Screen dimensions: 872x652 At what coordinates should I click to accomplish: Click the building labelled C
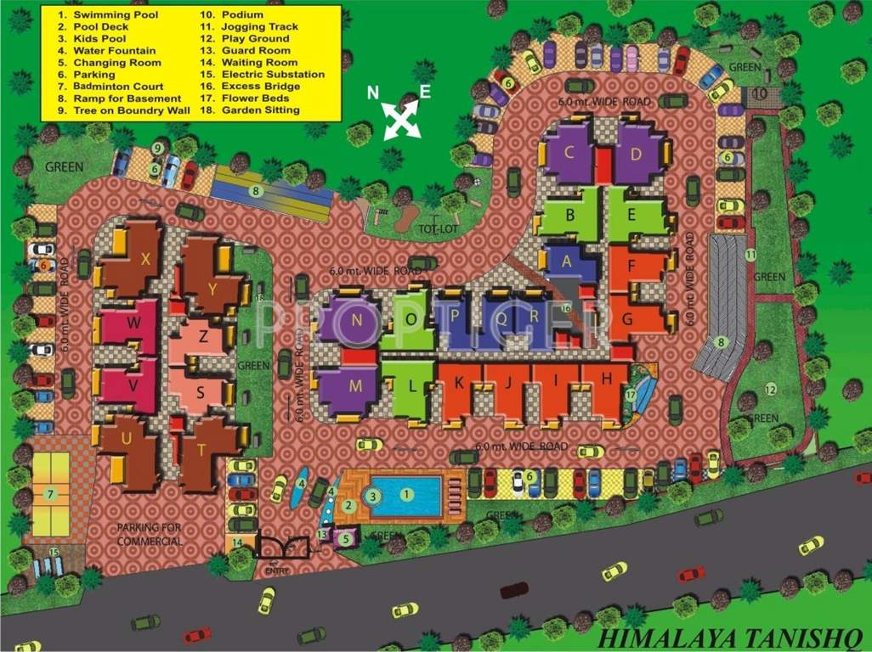pyautogui.click(x=570, y=153)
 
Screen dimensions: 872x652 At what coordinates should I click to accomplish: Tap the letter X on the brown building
pyautogui.click(x=145, y=260)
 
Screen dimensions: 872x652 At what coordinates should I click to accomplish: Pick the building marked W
pyautogui.click(x=134, y=323)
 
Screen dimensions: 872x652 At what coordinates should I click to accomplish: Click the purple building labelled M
pyautogui.click(x=355, y=386)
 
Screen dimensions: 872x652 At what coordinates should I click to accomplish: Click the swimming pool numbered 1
pyautogui.click(x=407, y=493)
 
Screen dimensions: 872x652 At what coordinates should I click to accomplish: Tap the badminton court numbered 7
pyautogui.click(x=51, y=493)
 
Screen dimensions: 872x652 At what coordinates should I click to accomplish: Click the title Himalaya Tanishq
pyautogui.click(x=729, y=637)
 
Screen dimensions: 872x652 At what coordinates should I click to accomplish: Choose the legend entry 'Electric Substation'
pyautogui.click(x=262, y=75)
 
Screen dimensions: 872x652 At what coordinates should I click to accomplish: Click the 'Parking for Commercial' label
pyautogui.click(x=149, y=535)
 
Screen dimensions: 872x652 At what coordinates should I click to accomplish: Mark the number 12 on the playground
pyautogui.click(x=771, y=390)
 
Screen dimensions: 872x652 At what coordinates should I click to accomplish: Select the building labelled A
pyautogui.click(x=567, y=262)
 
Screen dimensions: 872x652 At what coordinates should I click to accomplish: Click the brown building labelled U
pyautogui.click(x=127, y=438)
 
